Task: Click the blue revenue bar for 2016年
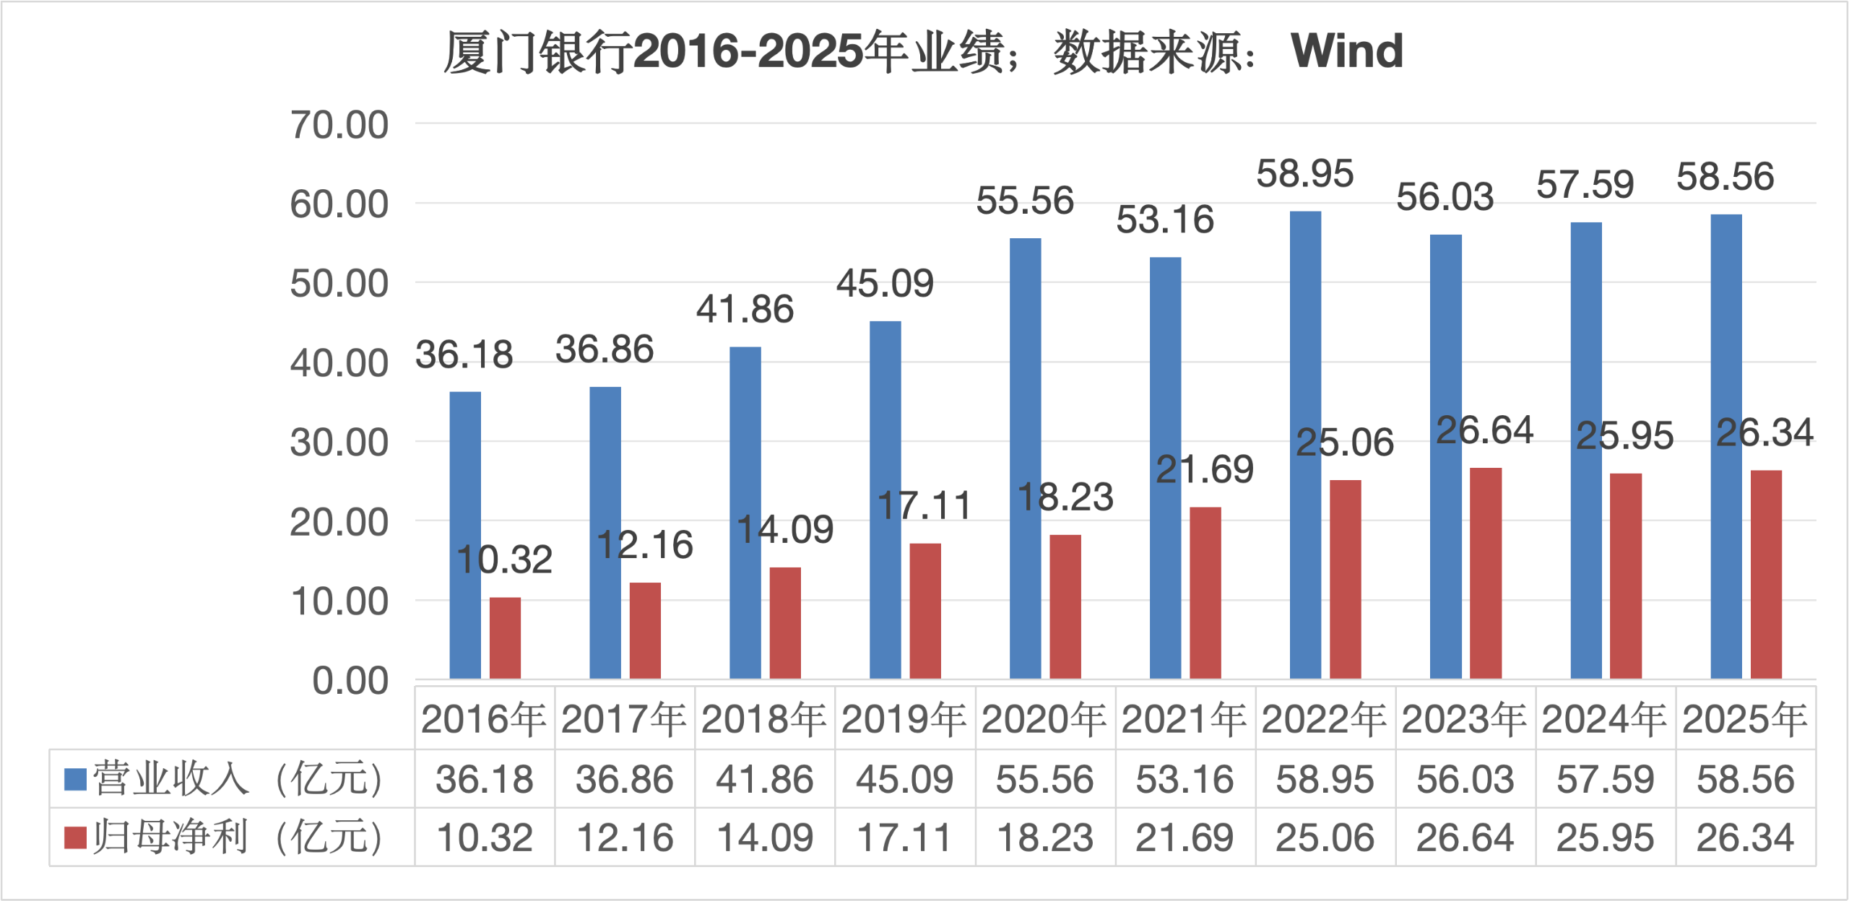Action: point(465,534)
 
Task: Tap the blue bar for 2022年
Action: point(1305,444)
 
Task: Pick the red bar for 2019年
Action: point(925,610)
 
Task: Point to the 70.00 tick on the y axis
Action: point(339,125)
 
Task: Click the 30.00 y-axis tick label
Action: point(339,443)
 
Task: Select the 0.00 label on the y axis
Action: point(350,681)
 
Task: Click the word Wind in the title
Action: point(1347,51)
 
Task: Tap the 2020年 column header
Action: point(1044,719)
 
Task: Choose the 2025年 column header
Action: point(1745,719)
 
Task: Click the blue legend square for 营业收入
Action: point(75,779)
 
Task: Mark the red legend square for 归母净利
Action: point(75,837)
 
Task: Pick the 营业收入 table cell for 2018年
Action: point(764,779)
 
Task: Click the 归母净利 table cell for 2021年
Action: point(1185,837)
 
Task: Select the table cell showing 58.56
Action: point(1745,779)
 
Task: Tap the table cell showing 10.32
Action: point(485,837)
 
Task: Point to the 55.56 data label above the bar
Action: point(1025,201)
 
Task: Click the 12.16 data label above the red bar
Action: point(645,545)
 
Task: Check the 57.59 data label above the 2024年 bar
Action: point(1585,185)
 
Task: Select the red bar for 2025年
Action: point(1766,574)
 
